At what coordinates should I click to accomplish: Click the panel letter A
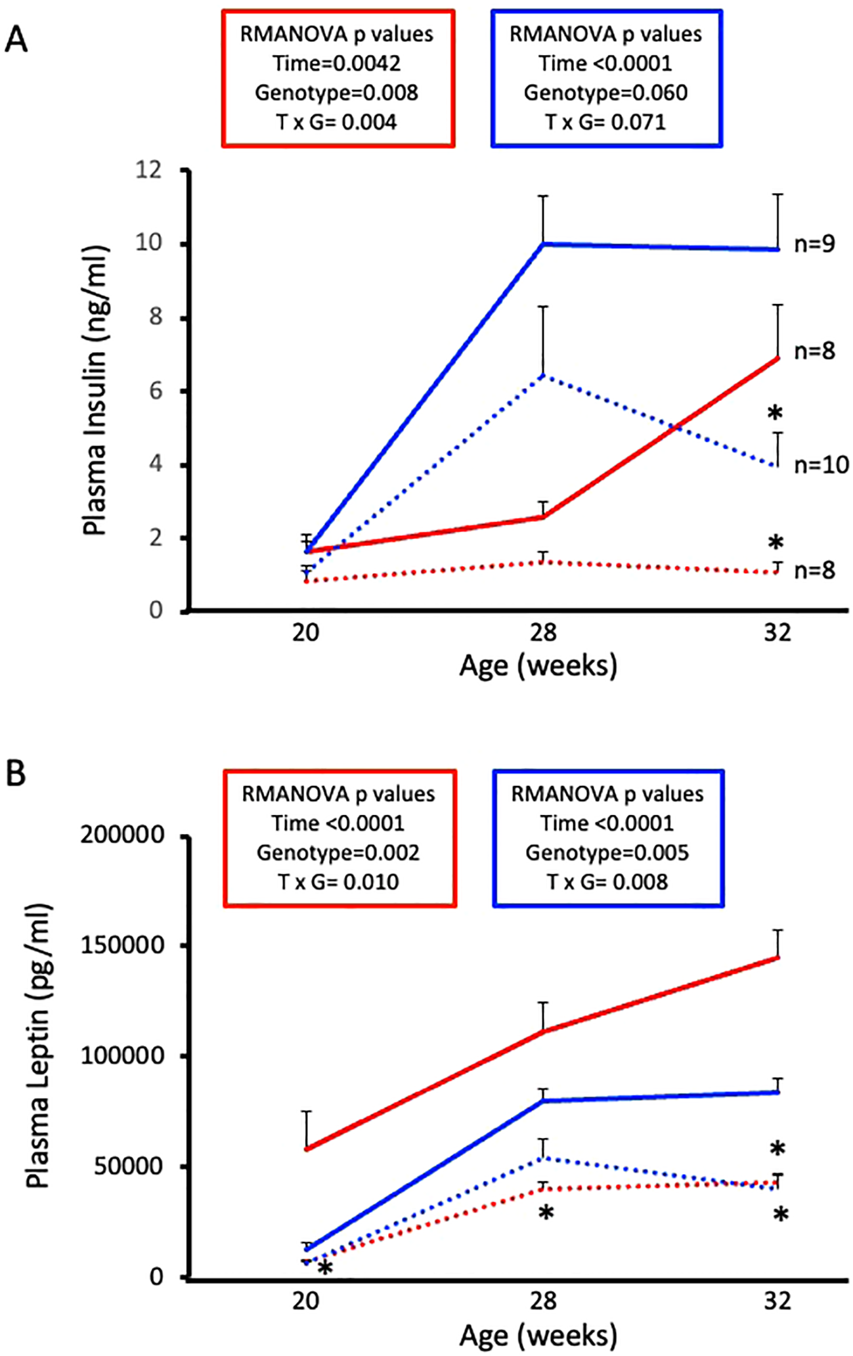16,40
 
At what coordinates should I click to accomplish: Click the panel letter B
16,773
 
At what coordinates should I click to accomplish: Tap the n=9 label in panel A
814,244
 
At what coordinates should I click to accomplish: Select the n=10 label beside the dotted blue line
821,465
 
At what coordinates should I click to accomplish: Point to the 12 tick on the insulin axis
148,170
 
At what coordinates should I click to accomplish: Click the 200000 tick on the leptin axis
122,835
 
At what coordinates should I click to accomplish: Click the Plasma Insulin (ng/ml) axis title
95,391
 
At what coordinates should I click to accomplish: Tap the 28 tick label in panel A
543,633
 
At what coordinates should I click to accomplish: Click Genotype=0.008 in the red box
337,93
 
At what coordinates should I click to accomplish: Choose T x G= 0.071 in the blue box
605,122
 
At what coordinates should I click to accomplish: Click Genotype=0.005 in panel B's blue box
607,852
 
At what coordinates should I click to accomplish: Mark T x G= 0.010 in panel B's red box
338,881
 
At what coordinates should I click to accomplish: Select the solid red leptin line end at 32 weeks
777,958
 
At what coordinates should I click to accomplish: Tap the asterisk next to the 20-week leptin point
324,1268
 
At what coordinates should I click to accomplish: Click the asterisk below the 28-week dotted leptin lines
546,1212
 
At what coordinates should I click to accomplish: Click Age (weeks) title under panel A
538,666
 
